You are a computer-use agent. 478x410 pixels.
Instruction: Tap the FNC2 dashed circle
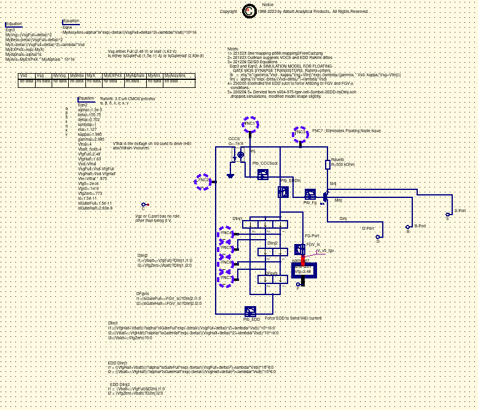coord(203,181)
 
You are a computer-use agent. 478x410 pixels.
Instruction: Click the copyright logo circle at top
coord(249,11)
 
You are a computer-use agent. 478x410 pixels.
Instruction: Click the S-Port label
coord(460,210)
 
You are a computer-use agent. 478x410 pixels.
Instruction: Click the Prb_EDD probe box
coord(251,311)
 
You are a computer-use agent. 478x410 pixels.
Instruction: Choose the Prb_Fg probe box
coord(310,194)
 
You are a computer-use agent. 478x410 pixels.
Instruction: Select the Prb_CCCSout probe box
coord(263,175)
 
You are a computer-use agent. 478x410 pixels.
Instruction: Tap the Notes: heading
coord(232,48)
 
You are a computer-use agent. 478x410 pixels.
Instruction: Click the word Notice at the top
coord(268,5)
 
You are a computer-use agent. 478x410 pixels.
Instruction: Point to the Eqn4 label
coord(68,28)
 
